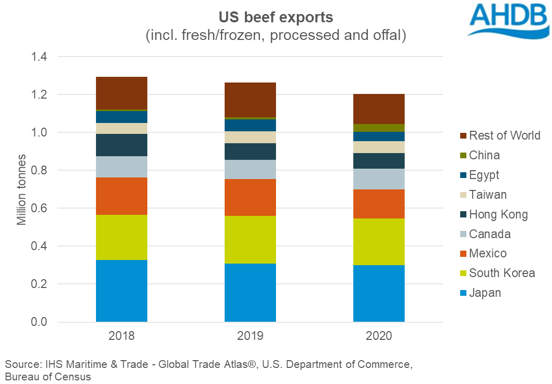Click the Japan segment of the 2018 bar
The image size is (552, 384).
tap(121, 291)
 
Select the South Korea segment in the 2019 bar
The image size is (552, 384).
tap(250, 240)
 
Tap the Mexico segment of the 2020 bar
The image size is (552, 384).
tap(379, 204)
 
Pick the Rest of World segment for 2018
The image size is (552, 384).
tap(121, 93)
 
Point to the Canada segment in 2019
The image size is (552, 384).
tap(250, 169)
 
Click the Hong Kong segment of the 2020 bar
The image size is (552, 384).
tap(379, 161)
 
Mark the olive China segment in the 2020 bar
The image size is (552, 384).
tap(379, 128)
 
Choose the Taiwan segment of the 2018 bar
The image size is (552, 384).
tap(121, 128)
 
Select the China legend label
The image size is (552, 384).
tap(485, 155)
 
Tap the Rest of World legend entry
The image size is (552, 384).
tap(504, 136)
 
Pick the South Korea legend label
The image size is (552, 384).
tap(502, 273)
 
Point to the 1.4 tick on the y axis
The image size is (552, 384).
tap(36, 57)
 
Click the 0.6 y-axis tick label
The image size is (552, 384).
tap(36, 208)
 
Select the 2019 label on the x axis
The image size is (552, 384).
tap(250, 336)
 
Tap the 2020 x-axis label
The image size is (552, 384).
tap(379, 336)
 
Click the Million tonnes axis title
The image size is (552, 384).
tap(21, 189)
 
